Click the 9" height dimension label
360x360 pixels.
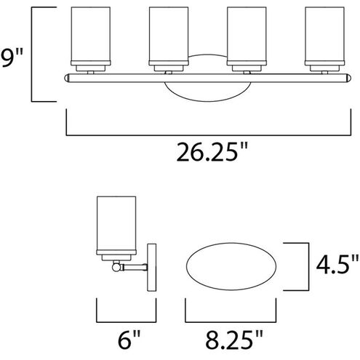tap(12, 57)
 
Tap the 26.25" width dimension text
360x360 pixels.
tap(212, 152)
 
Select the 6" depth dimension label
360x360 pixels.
tap(129, 340)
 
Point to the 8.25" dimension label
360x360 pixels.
tap(234, 340)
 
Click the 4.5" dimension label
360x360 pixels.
tap(337, 264)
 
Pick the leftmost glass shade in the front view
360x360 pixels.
tap(91, 36)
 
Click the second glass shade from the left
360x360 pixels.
tap(169, 36)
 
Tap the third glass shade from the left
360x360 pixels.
tap(247, 36)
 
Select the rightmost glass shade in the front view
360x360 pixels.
tap(324, 36)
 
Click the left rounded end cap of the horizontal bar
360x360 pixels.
tap(67, 78)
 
